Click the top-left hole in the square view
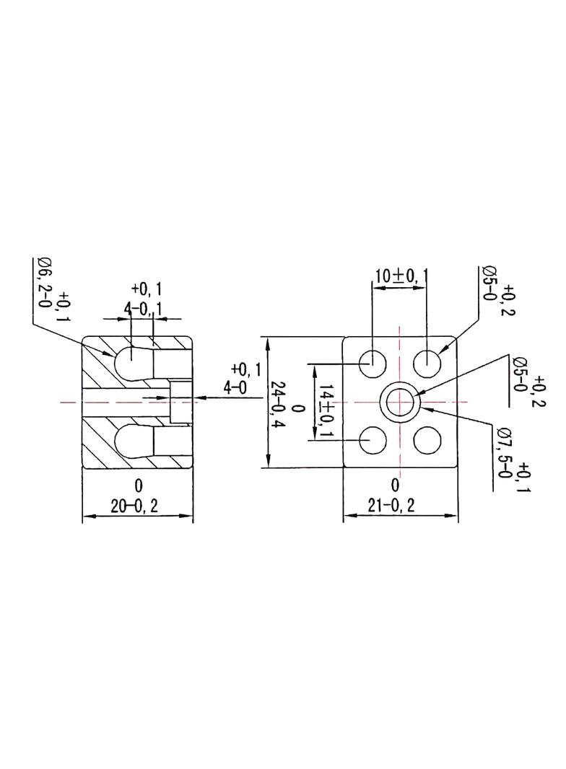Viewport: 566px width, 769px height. click(x=373, y=364)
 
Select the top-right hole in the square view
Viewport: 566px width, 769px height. click(x=427, y=364)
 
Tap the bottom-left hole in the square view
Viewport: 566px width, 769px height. click(x=373, y=441)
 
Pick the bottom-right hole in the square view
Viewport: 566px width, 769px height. click(x=427, y=441)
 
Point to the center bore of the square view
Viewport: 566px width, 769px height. click(x=400, y=402)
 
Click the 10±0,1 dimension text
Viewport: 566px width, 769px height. click(x=399, y=277)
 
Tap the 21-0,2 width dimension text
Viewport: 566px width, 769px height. click(x=391, y=505)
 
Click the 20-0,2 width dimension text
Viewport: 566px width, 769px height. click(x=134, y=506)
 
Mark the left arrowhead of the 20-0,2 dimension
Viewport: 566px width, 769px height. click(x=88, y=517)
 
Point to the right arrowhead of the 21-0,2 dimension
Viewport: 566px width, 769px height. click(x=452, y=516)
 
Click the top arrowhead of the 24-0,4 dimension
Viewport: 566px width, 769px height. click(x=268, y=343)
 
